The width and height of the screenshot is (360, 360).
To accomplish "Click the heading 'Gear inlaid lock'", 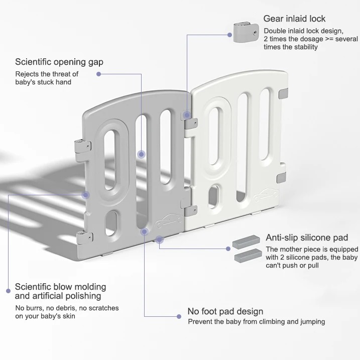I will click(294, 19).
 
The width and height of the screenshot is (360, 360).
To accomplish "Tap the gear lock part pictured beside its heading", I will click(244, 32).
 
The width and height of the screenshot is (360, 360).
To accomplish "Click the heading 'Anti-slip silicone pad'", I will click(307, 237).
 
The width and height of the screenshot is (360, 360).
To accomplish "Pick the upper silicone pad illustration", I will click(247, 245).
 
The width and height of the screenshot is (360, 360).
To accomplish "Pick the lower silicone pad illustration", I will click(248, 258).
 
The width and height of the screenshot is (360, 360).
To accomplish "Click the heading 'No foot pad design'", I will click(225, 311).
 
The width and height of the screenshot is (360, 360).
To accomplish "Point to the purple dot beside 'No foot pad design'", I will click(177, 316).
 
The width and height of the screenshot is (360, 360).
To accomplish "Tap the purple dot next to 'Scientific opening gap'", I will click(99, 74).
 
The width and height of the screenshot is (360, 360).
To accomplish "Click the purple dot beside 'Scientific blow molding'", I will click(8, 290).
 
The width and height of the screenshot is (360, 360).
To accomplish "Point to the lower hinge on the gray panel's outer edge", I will click(82, 237).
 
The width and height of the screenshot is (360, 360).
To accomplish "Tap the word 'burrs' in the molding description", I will click(35, 308).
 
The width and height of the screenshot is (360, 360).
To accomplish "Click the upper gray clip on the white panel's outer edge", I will click(285, 93).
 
